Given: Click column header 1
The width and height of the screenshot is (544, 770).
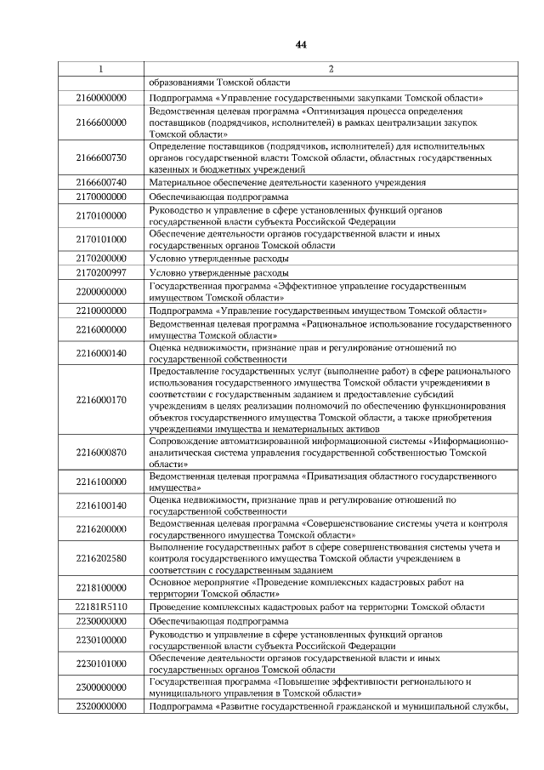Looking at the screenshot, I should coord(101,68).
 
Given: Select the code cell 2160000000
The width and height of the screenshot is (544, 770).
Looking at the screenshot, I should coord(101,98).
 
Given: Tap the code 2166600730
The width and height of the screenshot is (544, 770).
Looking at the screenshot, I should coord(101,157).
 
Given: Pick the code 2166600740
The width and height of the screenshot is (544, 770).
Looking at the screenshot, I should coord(101,182).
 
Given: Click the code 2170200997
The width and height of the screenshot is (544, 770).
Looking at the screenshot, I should coord(101,272).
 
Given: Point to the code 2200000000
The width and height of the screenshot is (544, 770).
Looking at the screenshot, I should coord(101,292).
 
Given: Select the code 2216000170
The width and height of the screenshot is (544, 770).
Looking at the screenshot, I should coord(101,400).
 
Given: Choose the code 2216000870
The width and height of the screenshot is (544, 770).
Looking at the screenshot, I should coord(101,453).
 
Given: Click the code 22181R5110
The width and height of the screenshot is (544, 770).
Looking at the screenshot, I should coord(101,607).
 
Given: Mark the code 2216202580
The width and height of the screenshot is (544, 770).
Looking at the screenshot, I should coord(101,558).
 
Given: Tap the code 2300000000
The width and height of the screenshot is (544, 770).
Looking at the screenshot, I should coord(101,687).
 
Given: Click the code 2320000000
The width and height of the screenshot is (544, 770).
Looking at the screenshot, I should coord(101,706).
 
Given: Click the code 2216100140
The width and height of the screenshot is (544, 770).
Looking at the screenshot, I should coord(101,505).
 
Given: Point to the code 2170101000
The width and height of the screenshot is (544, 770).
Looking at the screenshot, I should coord(101,239).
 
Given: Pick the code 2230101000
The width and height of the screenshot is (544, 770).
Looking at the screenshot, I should coord(101,664).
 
